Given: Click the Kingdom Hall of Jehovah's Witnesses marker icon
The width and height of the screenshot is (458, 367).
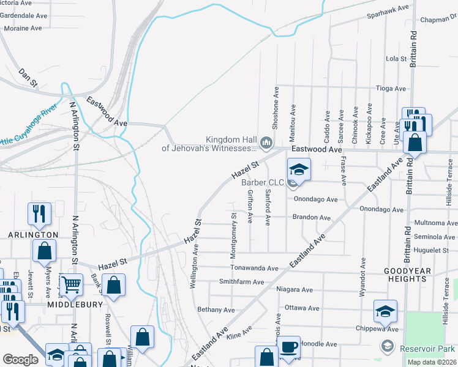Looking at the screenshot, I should (266, 143).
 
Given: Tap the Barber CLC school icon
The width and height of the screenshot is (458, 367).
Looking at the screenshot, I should (299, 169).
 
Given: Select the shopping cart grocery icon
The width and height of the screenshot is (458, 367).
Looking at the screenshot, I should (72, 284).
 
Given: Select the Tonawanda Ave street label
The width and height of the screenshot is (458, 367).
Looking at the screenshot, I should (254, 268).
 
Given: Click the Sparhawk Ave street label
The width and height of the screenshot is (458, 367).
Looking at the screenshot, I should (388, 9).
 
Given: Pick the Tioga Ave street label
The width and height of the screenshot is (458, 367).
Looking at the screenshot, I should (391, 89).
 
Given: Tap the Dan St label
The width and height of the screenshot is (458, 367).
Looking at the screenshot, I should (28, 76).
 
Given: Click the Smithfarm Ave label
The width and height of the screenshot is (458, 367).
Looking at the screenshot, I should (241, 282).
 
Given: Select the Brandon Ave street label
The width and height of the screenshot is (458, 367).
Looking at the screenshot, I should (311, 217).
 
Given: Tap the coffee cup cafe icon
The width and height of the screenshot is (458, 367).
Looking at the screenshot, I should (290, 347).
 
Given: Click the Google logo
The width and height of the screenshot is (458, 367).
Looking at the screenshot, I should (20, 360).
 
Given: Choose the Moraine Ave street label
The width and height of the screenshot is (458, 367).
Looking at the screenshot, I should (23, 28).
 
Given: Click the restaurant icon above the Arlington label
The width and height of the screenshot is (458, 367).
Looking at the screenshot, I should (39, 213).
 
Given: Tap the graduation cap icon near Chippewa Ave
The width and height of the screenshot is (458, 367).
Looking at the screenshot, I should (386, 311).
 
